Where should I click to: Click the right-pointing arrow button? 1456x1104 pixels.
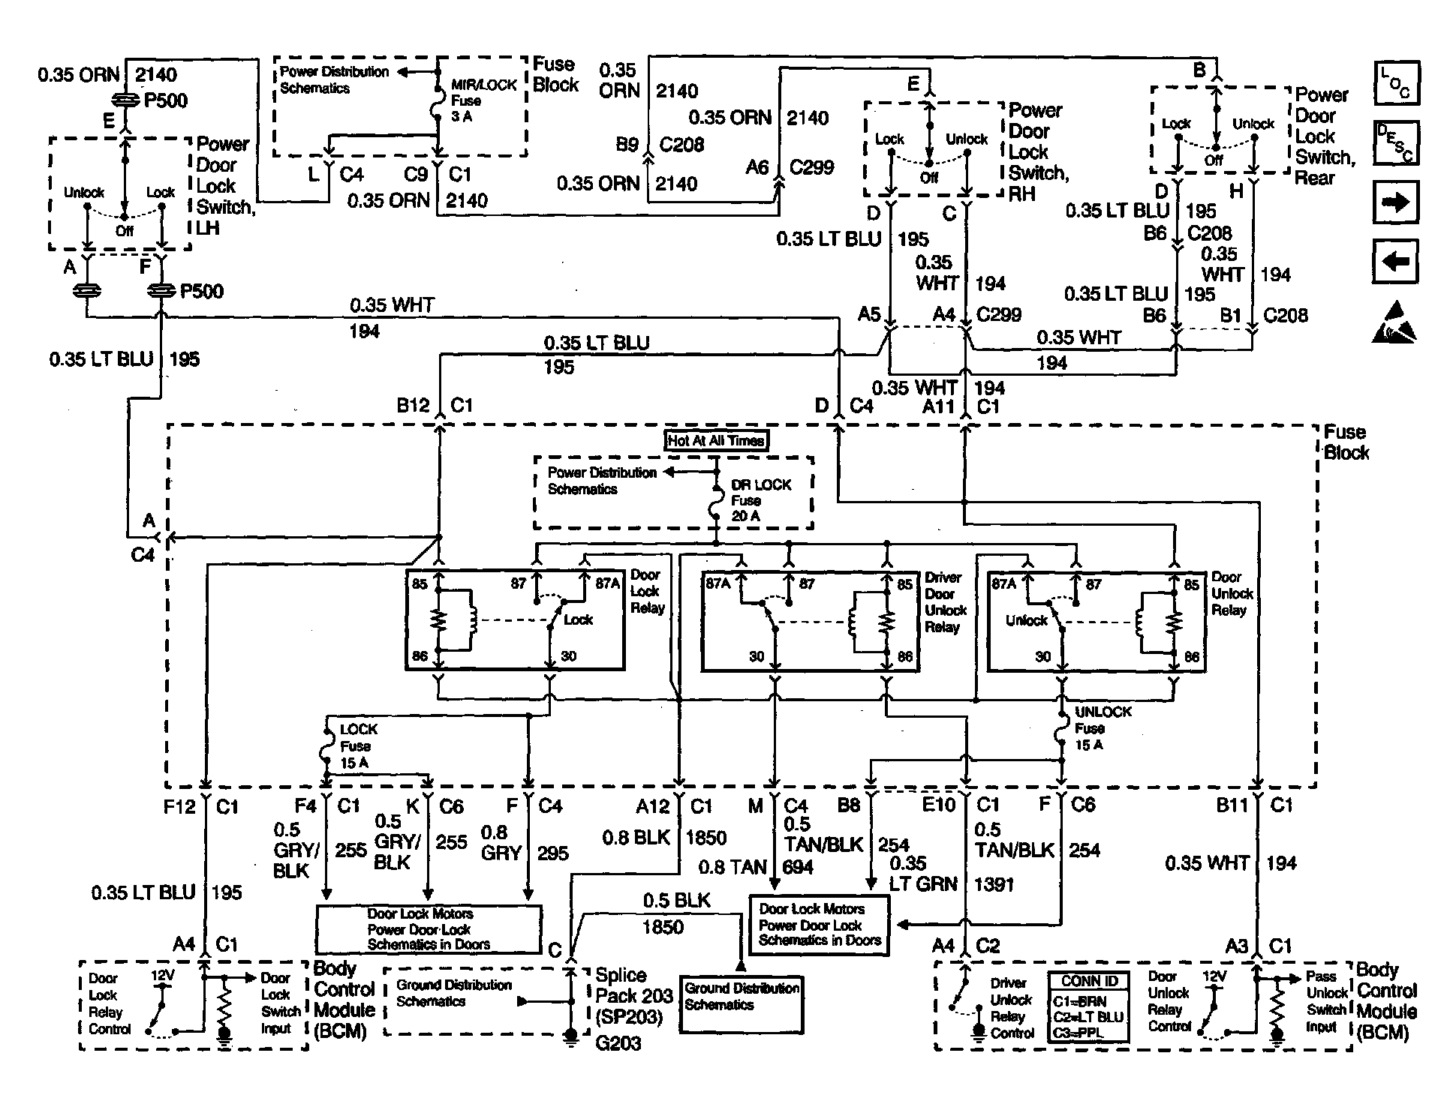1395,202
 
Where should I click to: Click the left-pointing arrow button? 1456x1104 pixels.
1395,261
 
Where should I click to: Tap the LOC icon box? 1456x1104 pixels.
1396,82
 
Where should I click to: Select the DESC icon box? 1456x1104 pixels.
1396,142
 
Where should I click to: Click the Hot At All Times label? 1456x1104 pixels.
716,441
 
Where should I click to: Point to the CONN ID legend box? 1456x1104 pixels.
1090,1006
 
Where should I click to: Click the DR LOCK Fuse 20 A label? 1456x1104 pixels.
760,500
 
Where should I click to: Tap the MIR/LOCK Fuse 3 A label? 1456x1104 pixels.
483,100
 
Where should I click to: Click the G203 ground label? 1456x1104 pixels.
618,1043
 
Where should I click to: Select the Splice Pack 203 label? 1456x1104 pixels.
633,996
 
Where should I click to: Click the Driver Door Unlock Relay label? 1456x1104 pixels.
946,602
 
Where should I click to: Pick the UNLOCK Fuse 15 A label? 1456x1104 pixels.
1102,728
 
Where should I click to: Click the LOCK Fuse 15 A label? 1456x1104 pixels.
358,746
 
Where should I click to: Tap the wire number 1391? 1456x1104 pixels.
994,884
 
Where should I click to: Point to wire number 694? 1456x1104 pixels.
798,868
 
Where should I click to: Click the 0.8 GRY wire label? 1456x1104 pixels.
501,843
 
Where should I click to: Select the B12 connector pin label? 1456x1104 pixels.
413,406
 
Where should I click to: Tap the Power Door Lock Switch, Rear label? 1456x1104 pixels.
1325,136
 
